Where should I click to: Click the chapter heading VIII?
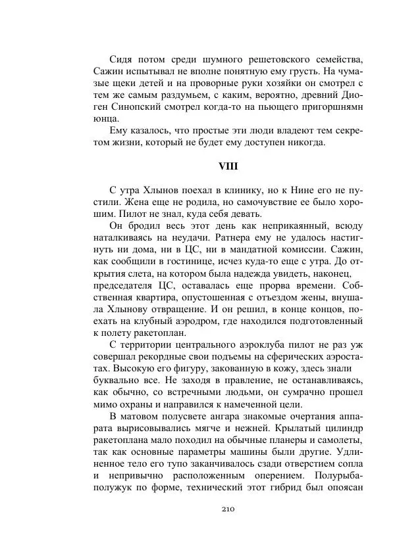pyautogui.click(x=228, y=166)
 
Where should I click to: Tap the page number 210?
pyautogui.click(x=228, y=509)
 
